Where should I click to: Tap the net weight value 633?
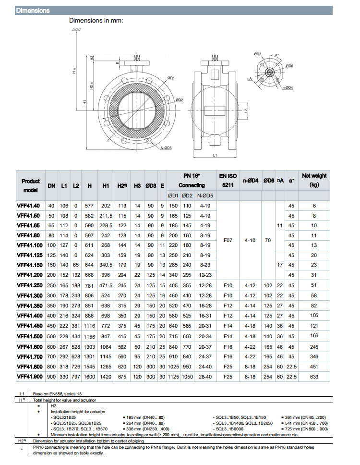pos(314,377)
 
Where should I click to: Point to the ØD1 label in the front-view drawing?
pos(171,77)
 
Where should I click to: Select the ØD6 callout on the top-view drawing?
pos(289,65)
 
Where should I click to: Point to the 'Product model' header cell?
pos(30,185)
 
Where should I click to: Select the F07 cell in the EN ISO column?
pos(228,240)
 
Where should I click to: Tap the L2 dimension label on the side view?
pos(245,110)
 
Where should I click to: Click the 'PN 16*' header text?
pos(191,175)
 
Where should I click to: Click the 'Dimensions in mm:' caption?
pos(96,21)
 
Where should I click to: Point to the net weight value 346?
pos(314,357)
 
